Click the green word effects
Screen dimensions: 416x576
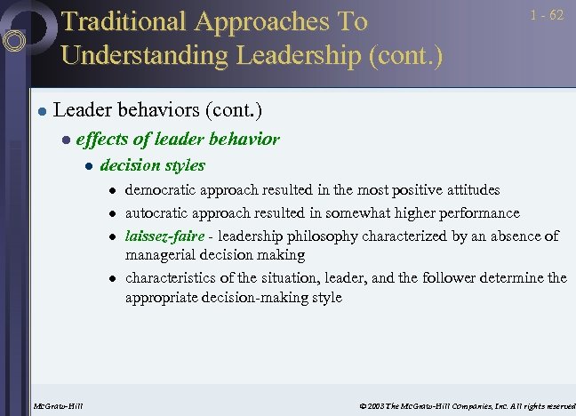click(100, 139)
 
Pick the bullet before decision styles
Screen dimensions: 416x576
click(86, 166)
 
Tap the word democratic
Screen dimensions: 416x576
click(161, 190)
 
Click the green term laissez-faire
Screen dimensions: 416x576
click(164, 236)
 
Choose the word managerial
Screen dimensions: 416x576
click(163, 255)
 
